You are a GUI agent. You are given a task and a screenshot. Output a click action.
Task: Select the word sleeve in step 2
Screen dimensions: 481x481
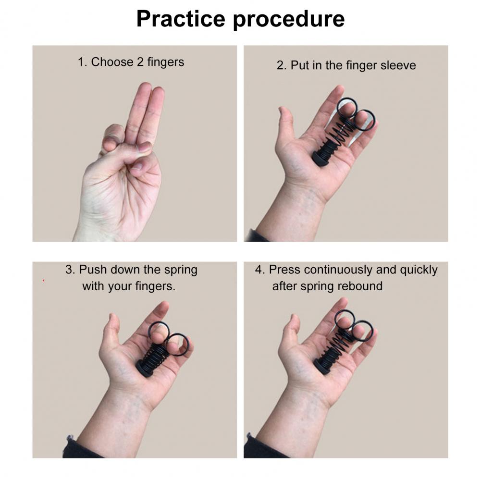tap(398, 65)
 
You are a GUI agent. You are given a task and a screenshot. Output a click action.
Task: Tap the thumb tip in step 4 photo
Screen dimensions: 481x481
tap(295, 319)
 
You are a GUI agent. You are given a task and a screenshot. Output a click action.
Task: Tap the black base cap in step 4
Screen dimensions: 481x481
tap(321, 366)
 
